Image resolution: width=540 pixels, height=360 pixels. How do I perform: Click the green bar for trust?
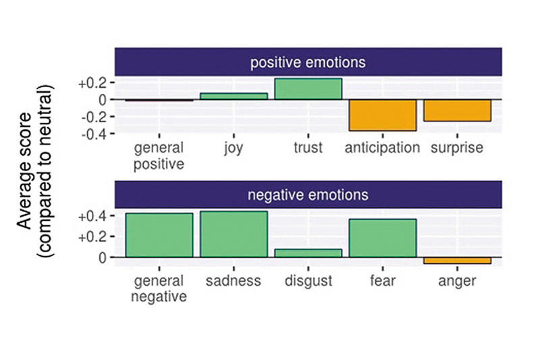click(308, 89)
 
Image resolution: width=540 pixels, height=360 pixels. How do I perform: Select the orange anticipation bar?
click(383, 115)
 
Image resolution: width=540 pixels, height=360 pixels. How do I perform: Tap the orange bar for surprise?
click(457, 110)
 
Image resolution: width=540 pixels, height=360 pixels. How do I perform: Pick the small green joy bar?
click(234, 96)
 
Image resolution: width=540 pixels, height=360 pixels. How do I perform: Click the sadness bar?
click(234, 234)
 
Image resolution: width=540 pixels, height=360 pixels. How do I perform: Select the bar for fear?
click(383, 238)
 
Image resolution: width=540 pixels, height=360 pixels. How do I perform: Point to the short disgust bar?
click(308, 253)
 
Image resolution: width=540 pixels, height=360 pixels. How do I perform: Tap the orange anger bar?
click(457, 261)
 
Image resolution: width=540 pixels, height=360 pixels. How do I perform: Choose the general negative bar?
click(159, 235)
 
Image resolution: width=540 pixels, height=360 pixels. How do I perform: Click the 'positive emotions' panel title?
click(308, 62)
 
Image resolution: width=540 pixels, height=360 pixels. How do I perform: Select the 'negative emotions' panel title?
click(308, 195)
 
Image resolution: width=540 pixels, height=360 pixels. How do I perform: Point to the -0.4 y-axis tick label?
click(93, 134)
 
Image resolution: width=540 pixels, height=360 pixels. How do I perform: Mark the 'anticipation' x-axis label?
click(382, 148)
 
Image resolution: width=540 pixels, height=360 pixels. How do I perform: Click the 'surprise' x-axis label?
click(457, 148)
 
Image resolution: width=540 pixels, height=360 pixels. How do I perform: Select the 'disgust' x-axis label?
click(308, 281)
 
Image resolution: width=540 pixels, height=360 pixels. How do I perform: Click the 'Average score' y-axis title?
click(24, 171)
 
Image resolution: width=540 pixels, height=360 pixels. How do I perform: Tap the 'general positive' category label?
click(159, 156)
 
